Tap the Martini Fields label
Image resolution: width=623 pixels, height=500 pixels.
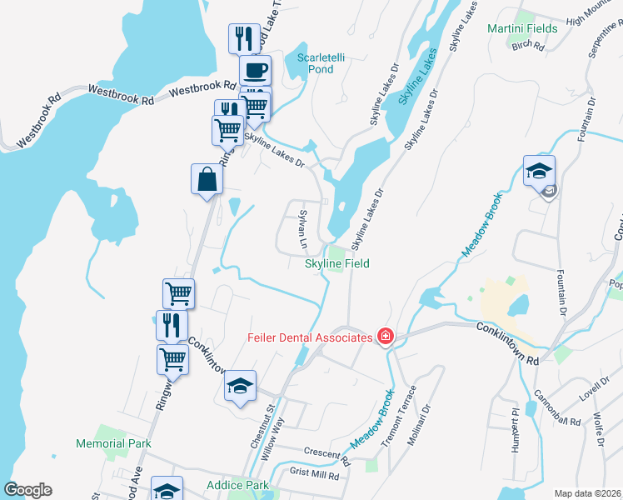(522, 28)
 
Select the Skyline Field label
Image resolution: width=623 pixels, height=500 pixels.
(336, 263)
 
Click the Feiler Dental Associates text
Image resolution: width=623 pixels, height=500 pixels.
(309, 337)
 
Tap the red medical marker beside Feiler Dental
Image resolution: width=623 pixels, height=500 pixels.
(385, 337)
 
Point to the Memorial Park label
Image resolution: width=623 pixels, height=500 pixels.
(113, 443)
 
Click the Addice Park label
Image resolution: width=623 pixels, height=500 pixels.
(237, 485)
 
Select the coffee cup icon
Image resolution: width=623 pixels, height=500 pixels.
(255, 71)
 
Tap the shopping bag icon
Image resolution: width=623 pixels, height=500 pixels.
(207, 179)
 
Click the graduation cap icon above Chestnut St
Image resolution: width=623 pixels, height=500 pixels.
(241, 386)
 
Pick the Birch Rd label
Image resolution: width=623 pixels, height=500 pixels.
(528, 46)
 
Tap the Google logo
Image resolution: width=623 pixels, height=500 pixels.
(27, 490)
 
